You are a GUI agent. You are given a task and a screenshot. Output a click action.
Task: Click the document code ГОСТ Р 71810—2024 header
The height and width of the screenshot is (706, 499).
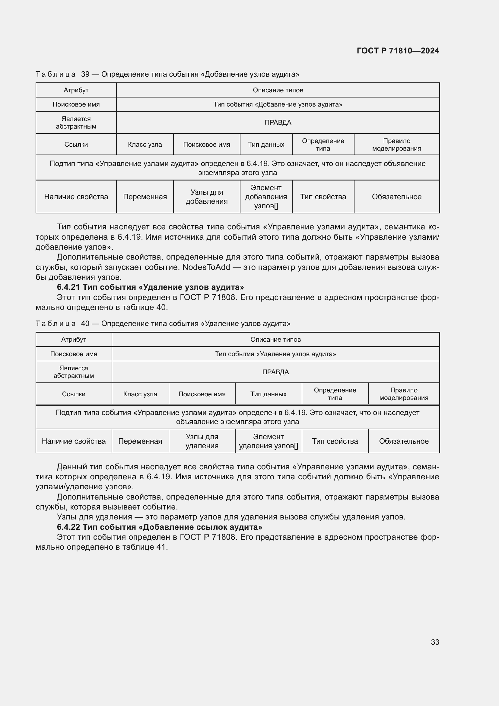pyautogui.click(x=398, y=51)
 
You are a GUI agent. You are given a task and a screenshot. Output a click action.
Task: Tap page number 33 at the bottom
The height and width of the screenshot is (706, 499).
pyautogui.click(x=435, y=642)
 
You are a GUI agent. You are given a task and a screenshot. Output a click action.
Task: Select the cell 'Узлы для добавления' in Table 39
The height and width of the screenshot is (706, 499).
pyautogui.click(x=206, y=197)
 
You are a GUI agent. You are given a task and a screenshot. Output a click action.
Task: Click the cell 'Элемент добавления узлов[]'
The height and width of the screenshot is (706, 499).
pyautogui.click(x=266, y=197)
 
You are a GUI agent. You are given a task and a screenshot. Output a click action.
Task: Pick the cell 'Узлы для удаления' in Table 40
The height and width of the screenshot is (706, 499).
pyautogui.click(x=202, y=441)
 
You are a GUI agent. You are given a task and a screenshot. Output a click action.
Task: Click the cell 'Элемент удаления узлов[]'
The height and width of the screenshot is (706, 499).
pyautogui.click(x=268, y=441)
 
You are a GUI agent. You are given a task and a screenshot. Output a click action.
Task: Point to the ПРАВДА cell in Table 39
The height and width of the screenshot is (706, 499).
pyautogui.click(x=278, y=122)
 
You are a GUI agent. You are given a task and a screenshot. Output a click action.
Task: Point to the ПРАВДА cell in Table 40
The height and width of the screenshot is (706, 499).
pyautogui.click(x=275, y=372)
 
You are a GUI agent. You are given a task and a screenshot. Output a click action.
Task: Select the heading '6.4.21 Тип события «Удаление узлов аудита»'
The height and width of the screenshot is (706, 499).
pyautogui.click(x=150, y=287)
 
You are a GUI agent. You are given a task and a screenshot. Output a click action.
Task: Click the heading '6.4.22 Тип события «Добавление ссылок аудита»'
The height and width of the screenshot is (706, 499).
pyautogui.click(x=160, y=527)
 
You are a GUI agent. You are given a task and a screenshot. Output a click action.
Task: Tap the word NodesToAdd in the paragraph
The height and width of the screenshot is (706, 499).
pyautogui.click(x=206, y=267)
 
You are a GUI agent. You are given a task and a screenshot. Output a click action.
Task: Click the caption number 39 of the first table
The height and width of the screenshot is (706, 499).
pyautogui.click(x=85, y=75)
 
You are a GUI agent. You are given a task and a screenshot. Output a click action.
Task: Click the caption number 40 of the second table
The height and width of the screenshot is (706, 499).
pyautogui.click(x=85, y=324)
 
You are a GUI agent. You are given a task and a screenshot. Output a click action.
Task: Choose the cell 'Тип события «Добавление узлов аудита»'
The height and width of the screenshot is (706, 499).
pyautogui.click(x=278, y=104)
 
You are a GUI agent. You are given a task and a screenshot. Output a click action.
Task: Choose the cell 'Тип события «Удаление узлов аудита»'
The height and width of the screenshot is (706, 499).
pyautogui.click(x=275, y=354)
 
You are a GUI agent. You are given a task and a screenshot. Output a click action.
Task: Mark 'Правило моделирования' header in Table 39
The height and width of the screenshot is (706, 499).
pyautogui.click(x=396, y=145)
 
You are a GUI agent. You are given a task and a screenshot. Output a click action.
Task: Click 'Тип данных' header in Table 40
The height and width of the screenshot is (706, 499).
pyautogui.click(x=268, y=394)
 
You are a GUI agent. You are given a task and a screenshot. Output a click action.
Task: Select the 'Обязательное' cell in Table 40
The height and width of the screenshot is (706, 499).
pyautogui.click(x=403, y=441)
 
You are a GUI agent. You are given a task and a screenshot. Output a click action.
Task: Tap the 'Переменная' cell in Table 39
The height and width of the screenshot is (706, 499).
pyautogui.click(x=145, y=197)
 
